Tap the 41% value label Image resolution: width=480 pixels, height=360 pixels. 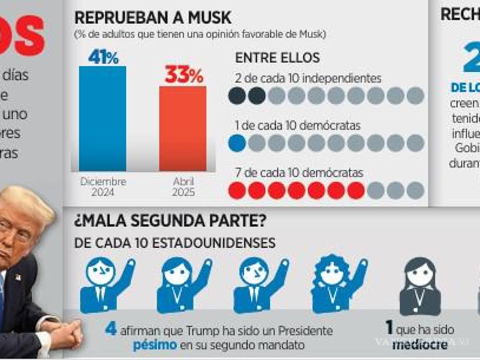click(x=103, y=58)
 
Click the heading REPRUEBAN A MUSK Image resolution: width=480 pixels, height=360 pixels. click(x=153, y=18)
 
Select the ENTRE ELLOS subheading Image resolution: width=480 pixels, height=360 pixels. click(x=277, y=58)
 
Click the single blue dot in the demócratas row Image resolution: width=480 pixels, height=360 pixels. click(x=237, y=143)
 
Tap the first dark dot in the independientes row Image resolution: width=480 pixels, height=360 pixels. click(x=237, y=96)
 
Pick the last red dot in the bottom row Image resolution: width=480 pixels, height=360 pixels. click(x=356, y=190)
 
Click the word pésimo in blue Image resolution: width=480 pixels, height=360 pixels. click(x=155, y=345)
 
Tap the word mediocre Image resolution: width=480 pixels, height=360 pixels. click(x=420, y=345)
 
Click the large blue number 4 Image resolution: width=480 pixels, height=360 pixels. click(x=111, y=330)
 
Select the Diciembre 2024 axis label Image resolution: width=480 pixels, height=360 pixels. click(x=103, y=187)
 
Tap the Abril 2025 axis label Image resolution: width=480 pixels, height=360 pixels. click(x=184, y=187)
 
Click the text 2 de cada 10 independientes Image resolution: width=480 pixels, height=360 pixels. click(x=308, y=79)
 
